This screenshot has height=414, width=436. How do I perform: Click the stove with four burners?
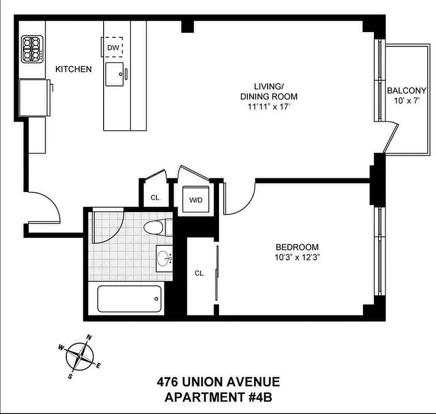coord(32,49)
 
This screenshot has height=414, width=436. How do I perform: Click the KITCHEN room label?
coord(74,69)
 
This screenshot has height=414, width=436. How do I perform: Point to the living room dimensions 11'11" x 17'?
coord(268,108)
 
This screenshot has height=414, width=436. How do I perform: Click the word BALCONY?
coord(406,91)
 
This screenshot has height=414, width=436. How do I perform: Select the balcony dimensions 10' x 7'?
coord(406,101)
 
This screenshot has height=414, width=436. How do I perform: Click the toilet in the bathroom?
coord(159,229)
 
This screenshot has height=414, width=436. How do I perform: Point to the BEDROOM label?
coord(297,247)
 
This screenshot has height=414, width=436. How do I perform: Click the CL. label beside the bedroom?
coord(200,273)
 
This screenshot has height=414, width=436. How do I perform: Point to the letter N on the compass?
coord(89,338)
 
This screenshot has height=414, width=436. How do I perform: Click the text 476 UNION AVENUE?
coord(218,382)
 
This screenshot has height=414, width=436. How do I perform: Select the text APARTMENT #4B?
coord(218,397)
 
